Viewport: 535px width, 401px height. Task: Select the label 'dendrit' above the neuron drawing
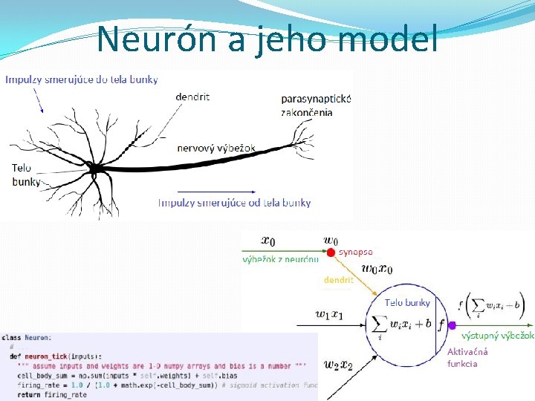[x=192, y=97]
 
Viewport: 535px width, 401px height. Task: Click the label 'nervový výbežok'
[x=215, y=148]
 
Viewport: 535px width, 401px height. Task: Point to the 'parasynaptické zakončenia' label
[x=316, y=105]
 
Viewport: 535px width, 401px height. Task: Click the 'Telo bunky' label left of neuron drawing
[x=26, y=175]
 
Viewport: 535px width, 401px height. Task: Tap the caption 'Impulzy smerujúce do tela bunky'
[x=82, y=79]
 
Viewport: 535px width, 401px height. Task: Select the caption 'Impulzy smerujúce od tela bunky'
[x=235, y=202]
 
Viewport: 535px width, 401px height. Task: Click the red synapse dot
[x=331, y=252]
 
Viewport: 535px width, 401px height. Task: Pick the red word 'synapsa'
[x=356, y=252]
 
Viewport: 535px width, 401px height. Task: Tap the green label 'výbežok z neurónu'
[x=281, y=260]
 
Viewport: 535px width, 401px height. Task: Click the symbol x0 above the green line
[x=269, y=240]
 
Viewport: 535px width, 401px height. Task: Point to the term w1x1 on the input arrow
[x=328, y=316]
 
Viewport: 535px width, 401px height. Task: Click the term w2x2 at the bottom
[x=338, y=365]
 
